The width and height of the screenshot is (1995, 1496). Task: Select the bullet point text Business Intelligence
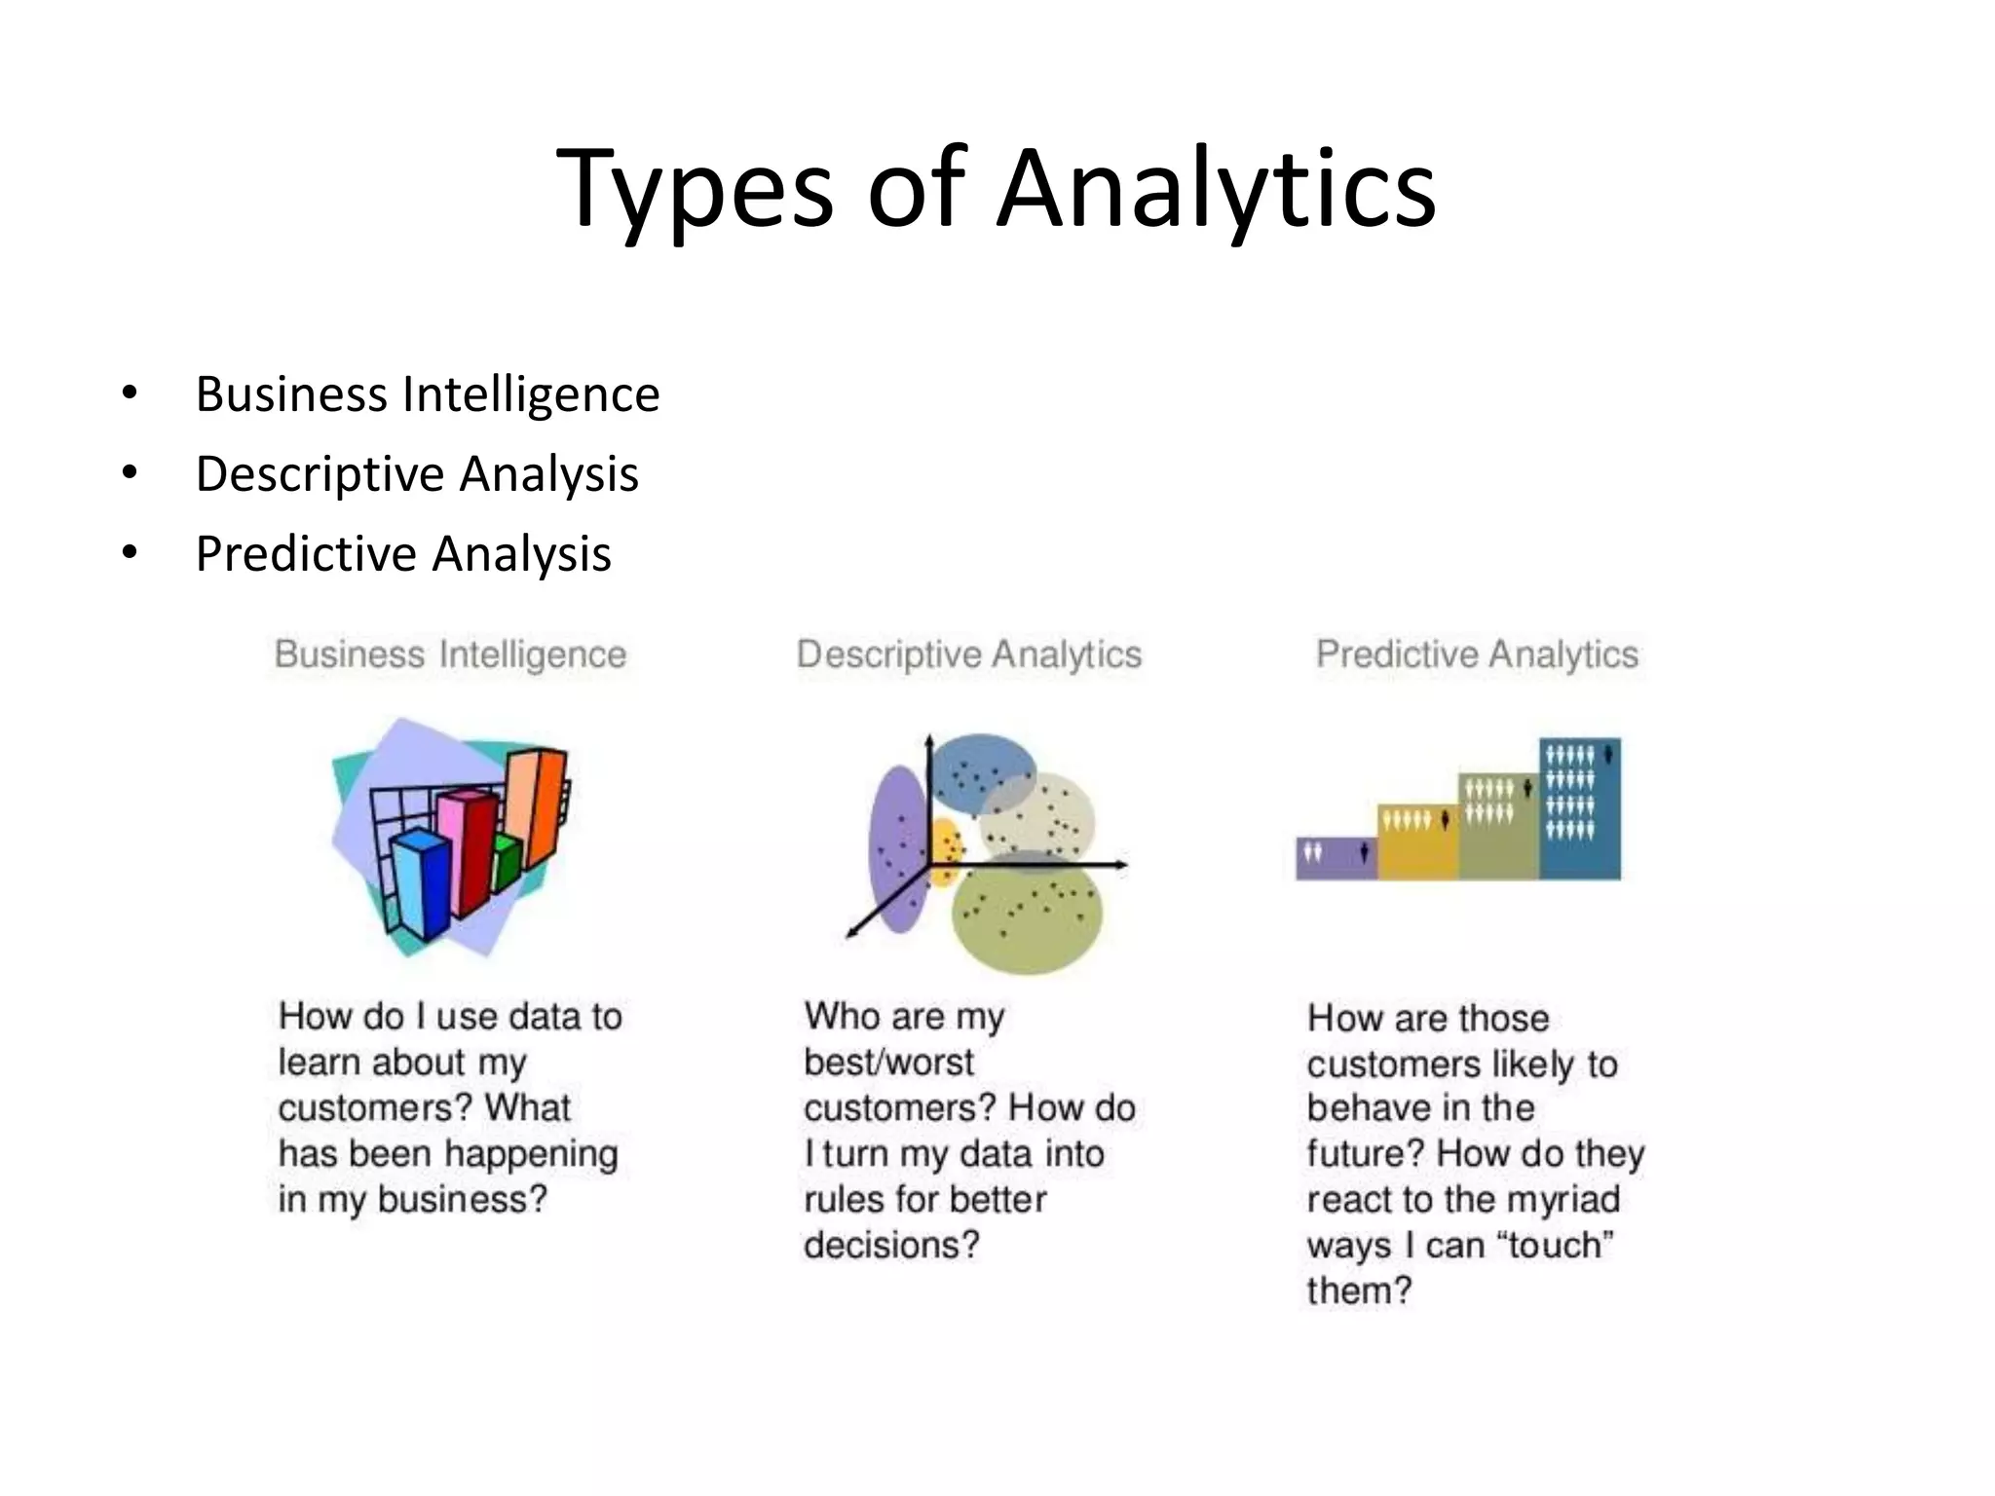pyautogui.click(x=427, y=394)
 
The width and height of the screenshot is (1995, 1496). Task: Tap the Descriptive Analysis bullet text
pyautogui.click(x=416, y=474)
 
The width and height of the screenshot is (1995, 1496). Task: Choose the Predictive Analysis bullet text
pyautogui.click(x=402, y=554)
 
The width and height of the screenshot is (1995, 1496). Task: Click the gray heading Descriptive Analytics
pyautogui.click(x=968, y=654)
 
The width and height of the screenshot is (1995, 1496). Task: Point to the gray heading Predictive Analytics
pyautogui.click(x=1477, y=654)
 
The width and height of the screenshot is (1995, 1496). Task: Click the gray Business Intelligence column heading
pyautogui.click(x=450, y=654)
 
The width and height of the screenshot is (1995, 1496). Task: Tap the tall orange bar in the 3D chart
pyautogui.click(x=536, y=808)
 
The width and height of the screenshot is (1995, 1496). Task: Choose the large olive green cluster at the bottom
pyautogui.click(x=1028, y=916)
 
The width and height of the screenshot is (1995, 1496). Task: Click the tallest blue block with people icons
pyautogui.click(x=1580, y=808)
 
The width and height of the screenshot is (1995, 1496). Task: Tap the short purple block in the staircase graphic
pyautogui.click(x=1336, y=858)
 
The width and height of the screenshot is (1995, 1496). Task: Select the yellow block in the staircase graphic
pyautogui.click(x=1417, y=843)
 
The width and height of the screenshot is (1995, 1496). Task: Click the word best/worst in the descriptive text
pyautogui.click(x=888, y=1062)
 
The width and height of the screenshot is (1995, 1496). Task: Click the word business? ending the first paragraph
pyautogui.click(x=463, y=1199)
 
